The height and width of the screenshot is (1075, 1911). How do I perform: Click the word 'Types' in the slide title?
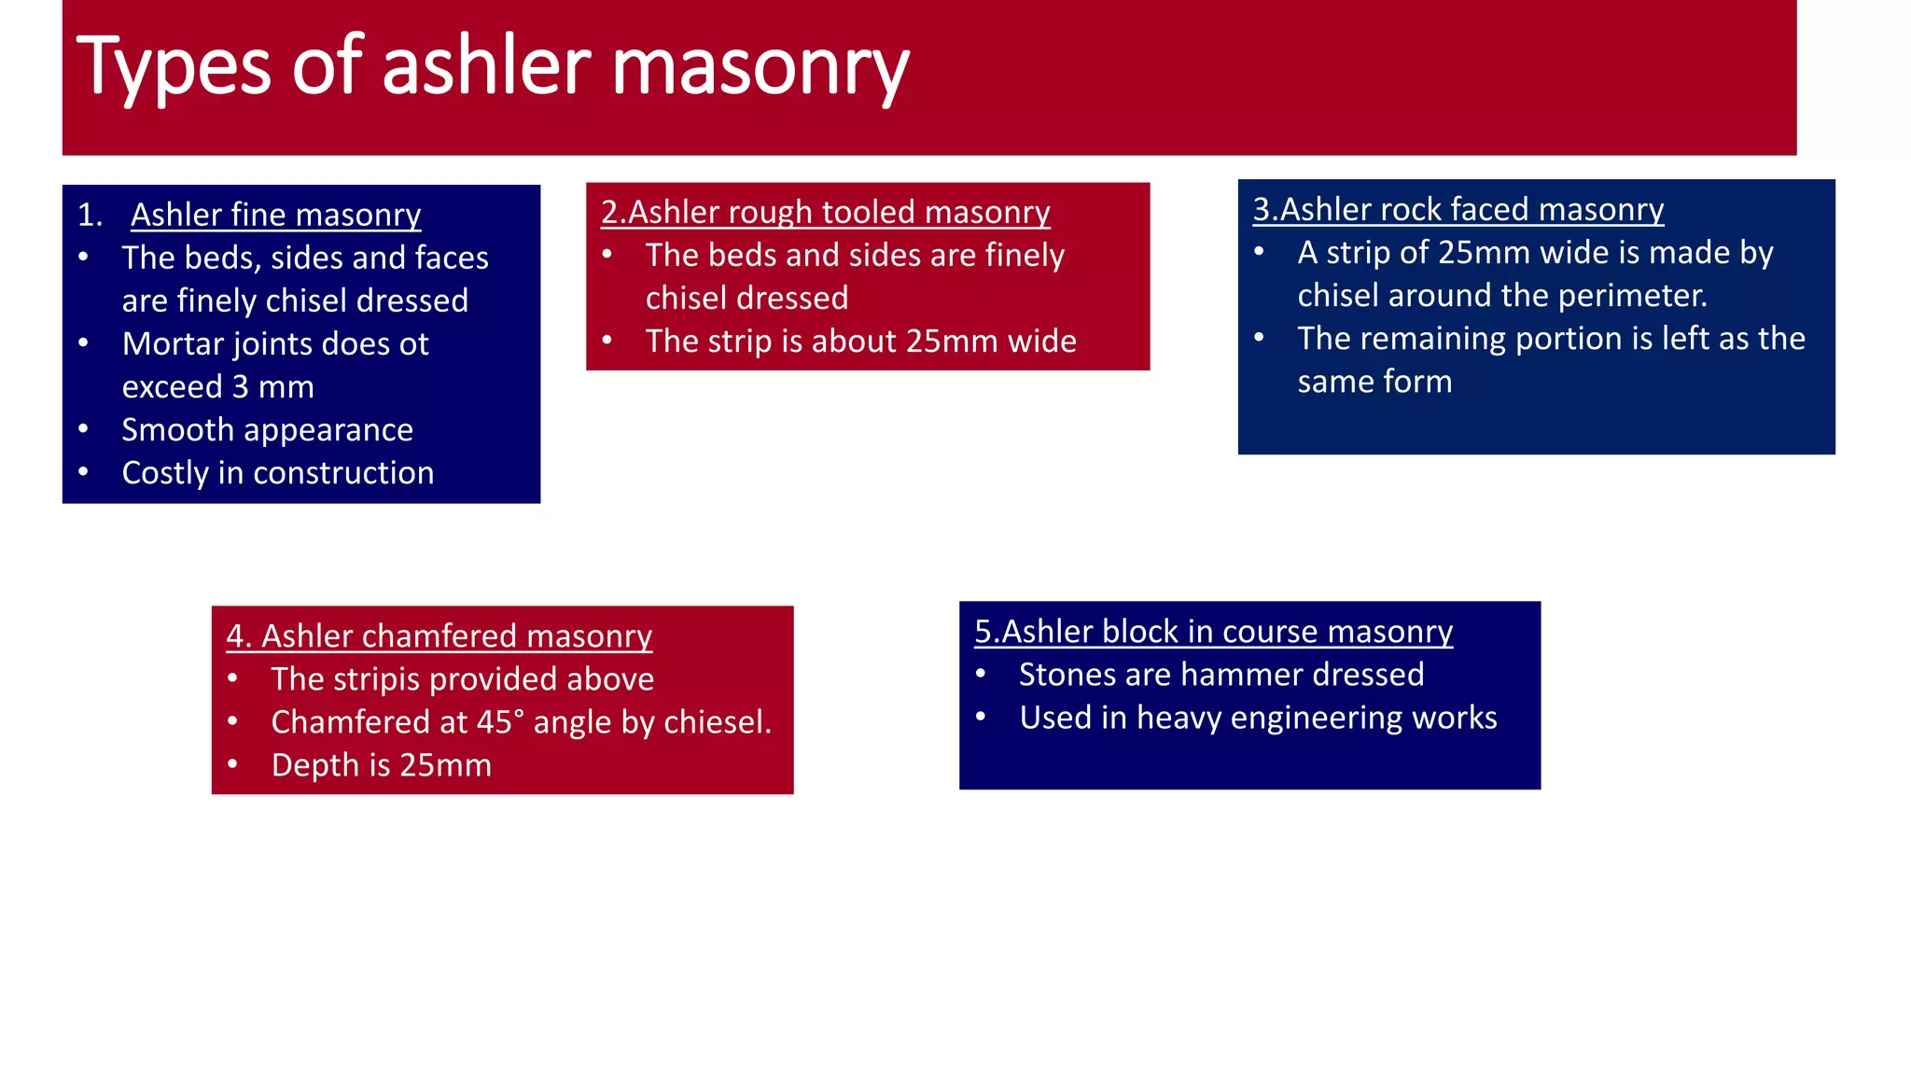pyautogui.click(x=174, y=67)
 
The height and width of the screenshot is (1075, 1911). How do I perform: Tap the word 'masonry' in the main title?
pyautogui.click(x=760, y=67)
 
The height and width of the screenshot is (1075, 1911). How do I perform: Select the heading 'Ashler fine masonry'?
pyautogui.click(x=275, y=215)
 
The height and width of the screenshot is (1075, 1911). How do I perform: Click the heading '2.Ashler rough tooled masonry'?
pyautogui.click(x=825, y=212)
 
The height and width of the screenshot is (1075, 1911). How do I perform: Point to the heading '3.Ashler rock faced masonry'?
pyautogui.click(x=1458, y=209)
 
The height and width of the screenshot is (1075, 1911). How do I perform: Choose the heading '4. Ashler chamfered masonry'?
pyautogui.click(x=439, y=635)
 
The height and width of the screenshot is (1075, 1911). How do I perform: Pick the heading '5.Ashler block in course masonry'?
pyautogui.click(x=1213, y=632)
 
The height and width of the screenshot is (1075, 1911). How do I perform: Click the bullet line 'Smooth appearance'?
pyautogui.click(x=267, y=430)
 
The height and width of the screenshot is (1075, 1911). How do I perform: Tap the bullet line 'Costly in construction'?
pyautogui.click(x=277, y=473)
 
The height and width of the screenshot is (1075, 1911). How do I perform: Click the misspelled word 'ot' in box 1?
pyautogui.click(x=412, y=344)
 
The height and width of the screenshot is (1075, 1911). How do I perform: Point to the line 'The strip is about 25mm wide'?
pyautogui.click(x=860, y=342)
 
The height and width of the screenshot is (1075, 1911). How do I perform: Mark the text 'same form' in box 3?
pyautogui.click(x=1374, y=382)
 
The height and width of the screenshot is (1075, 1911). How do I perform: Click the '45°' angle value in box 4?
pyautogui.click(x=501, y=722)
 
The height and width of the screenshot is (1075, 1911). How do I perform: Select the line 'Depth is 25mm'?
pyautogui.click(x=381, y=765)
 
